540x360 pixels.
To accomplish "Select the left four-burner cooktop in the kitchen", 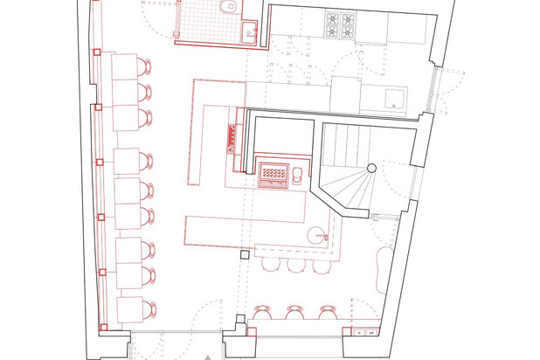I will pyautogui.click(x=335, y=24).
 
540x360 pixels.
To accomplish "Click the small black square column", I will pyautogui.click(x=246, y=254).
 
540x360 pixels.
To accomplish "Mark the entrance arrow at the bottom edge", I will pyautogui.click(x=207, y=357).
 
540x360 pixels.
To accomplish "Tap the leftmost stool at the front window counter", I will pyautogui.click(x=261, y=310).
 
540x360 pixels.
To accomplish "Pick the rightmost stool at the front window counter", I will pyautogui.click(x=327, y=310).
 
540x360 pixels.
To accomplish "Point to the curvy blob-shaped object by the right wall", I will pyautogui.click(x=382, y=268).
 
